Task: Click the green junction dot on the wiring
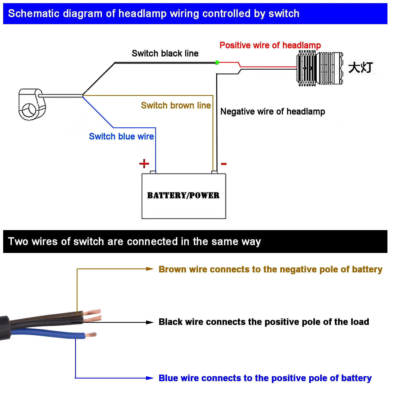(217, 63)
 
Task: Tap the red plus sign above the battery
(144, 163)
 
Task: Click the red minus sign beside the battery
(224, 164)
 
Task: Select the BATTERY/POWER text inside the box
(183, 195)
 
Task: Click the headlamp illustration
(320, 68)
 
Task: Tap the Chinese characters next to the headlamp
(361, 68)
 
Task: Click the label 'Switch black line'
(165, 53)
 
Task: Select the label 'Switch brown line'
(176, 105)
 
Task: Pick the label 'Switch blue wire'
(121, 136)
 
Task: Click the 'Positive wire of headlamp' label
(270, 45)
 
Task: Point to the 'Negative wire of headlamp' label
(273, 112)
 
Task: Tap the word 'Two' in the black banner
(18, 241)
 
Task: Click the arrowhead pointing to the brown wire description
(150, 269)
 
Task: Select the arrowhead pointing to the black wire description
(150, 322)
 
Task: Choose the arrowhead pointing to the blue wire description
(150, 378)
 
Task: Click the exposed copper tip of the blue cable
(91, 335)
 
